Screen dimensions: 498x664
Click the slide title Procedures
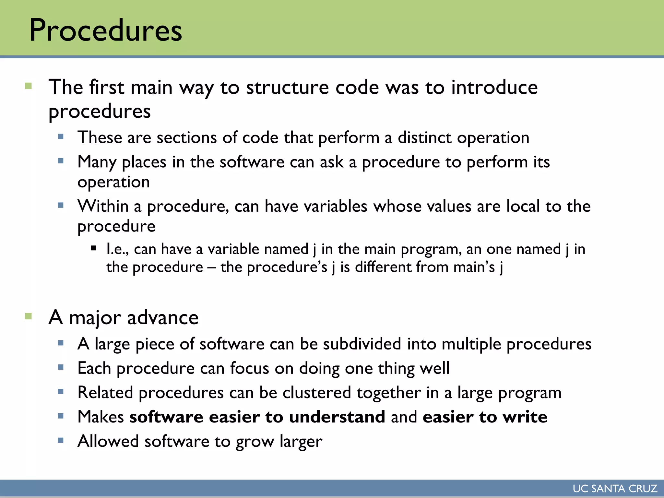tap(105, 30)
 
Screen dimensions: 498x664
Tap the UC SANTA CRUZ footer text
tap(615, 488)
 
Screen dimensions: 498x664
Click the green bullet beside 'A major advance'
tap(29, 316)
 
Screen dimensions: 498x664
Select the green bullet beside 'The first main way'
tap(29, 86)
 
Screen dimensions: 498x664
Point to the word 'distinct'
tap(424, 137)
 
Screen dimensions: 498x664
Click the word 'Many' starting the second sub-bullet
tap(97, 162)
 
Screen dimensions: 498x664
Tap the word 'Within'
tap(103, 206)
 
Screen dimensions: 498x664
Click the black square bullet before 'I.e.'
tap(94, 249)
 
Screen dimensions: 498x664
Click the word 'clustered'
tap(317, 392)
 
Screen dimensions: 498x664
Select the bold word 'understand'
tap(337, 417)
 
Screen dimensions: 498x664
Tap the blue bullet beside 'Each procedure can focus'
tap(61, 367)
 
